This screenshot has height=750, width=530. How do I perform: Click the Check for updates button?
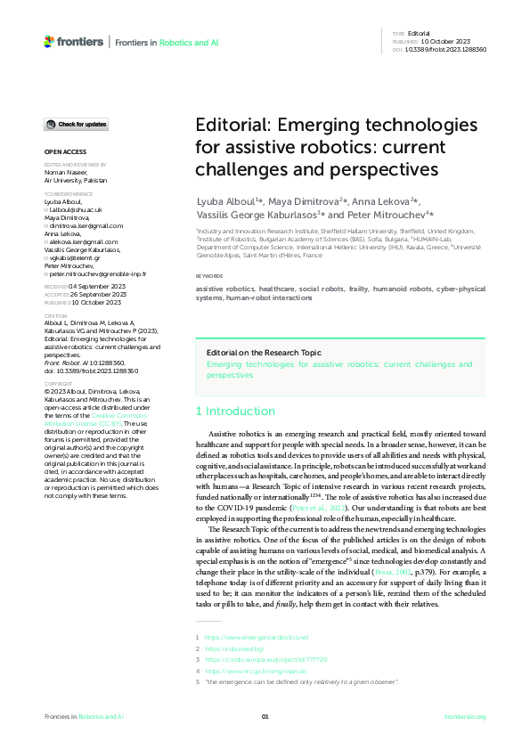pos(77,124)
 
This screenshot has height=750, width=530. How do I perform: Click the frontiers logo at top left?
pos(74,42)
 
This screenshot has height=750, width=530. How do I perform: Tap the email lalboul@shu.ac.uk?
pos(77,208)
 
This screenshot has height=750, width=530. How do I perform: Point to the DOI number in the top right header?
pos(446,49)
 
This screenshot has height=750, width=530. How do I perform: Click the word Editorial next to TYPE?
pos(419,33)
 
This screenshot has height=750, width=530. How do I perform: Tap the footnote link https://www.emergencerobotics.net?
pos(257,638)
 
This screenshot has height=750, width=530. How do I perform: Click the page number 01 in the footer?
pos(265,716)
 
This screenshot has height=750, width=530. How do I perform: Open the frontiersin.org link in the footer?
pos(464,716)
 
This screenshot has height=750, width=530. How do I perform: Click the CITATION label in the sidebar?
pos(56,315)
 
